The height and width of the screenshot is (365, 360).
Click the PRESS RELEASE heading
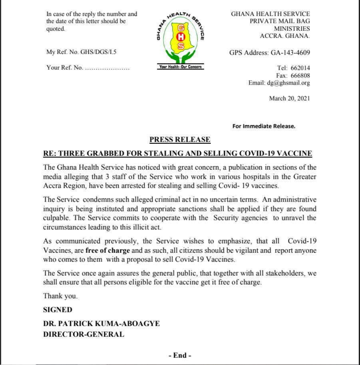pyautogui.click(x=180, y=139)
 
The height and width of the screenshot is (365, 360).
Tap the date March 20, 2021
pyautogui.click(x=289, y=98)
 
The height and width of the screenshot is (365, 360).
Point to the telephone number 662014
pyautogui.click(x=300, y=68)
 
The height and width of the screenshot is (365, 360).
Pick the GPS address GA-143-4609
pyautogui.click(x=290, y=52)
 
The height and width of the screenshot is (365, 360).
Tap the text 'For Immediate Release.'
pyautogui.click(x=264, y=126)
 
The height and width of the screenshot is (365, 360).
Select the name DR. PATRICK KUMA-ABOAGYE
pyautogui.click(x=101, y=323)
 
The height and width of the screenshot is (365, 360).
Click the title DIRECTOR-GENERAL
pyautogui.click(x=84, y=334)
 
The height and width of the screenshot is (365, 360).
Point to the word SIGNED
pyautogui.click(x=58, y=309)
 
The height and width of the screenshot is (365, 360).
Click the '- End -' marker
pyautogui.click(x=180, y=355)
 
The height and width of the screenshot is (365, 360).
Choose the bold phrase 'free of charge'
pyautogui.click(x=107, y=250)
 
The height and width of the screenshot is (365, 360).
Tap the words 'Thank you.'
pyautogui.click(x=60, y=296)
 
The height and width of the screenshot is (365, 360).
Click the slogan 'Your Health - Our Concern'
pyautogui.click(x=181, y=67)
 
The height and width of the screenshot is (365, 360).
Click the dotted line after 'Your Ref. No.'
pyautogui.click(x=107, y=67)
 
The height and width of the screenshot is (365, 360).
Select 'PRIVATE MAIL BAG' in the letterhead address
pyautogui.click(x=280, y=21)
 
